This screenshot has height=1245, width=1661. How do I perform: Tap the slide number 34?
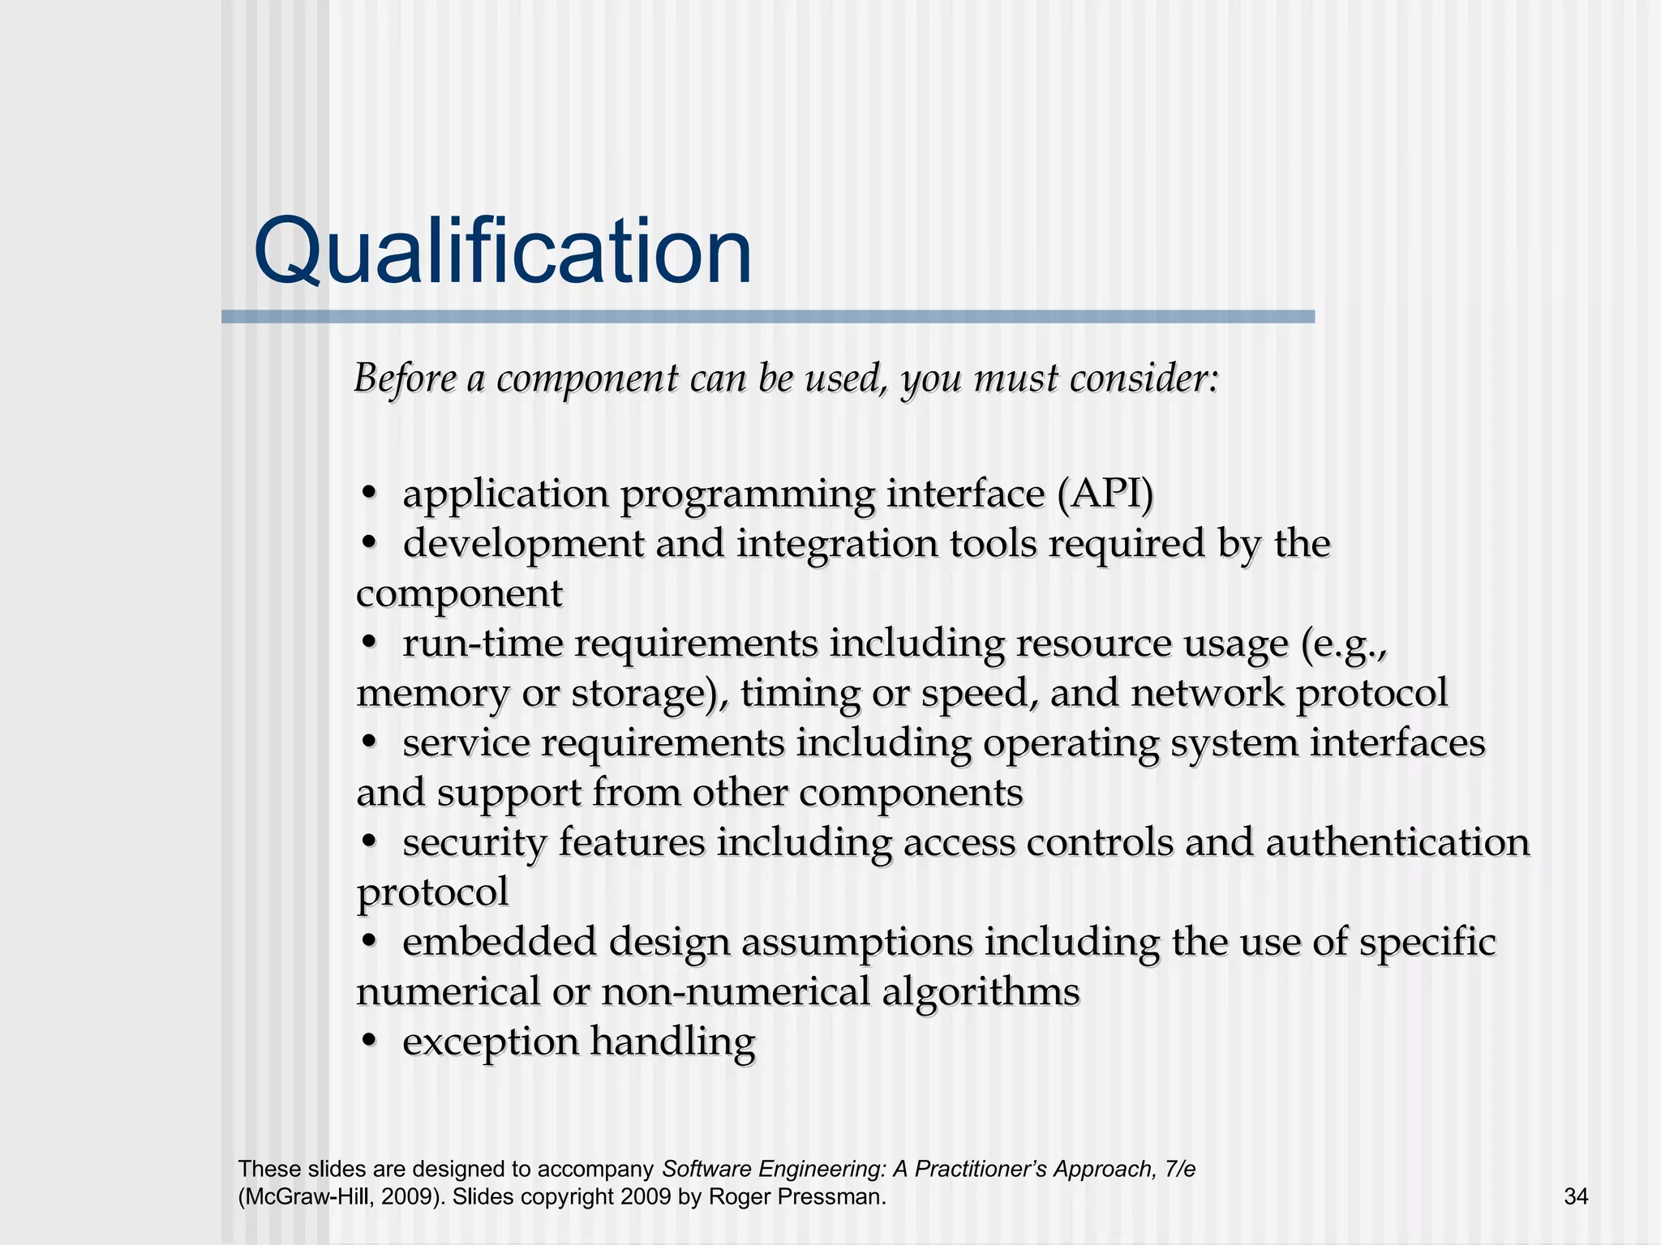pyautogui.click(x=1576, y=1196)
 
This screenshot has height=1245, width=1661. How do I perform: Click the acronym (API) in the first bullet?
pyautogui.click(x=1105, y=494)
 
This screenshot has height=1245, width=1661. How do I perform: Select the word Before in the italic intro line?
pyautogui.click(x=405, y=379)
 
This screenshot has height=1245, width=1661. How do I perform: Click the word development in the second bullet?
pyautogui.click(x=523, y=545)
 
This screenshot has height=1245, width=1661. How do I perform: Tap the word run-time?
pyautogui.click(x=483, y=644)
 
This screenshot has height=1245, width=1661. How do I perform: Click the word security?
pyautogui.click(x=474, y=844)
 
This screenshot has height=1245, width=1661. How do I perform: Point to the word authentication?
pyautogui.click(x=1397, y=843)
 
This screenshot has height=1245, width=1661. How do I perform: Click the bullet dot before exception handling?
pyautogui.click(x=369, y=1040)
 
